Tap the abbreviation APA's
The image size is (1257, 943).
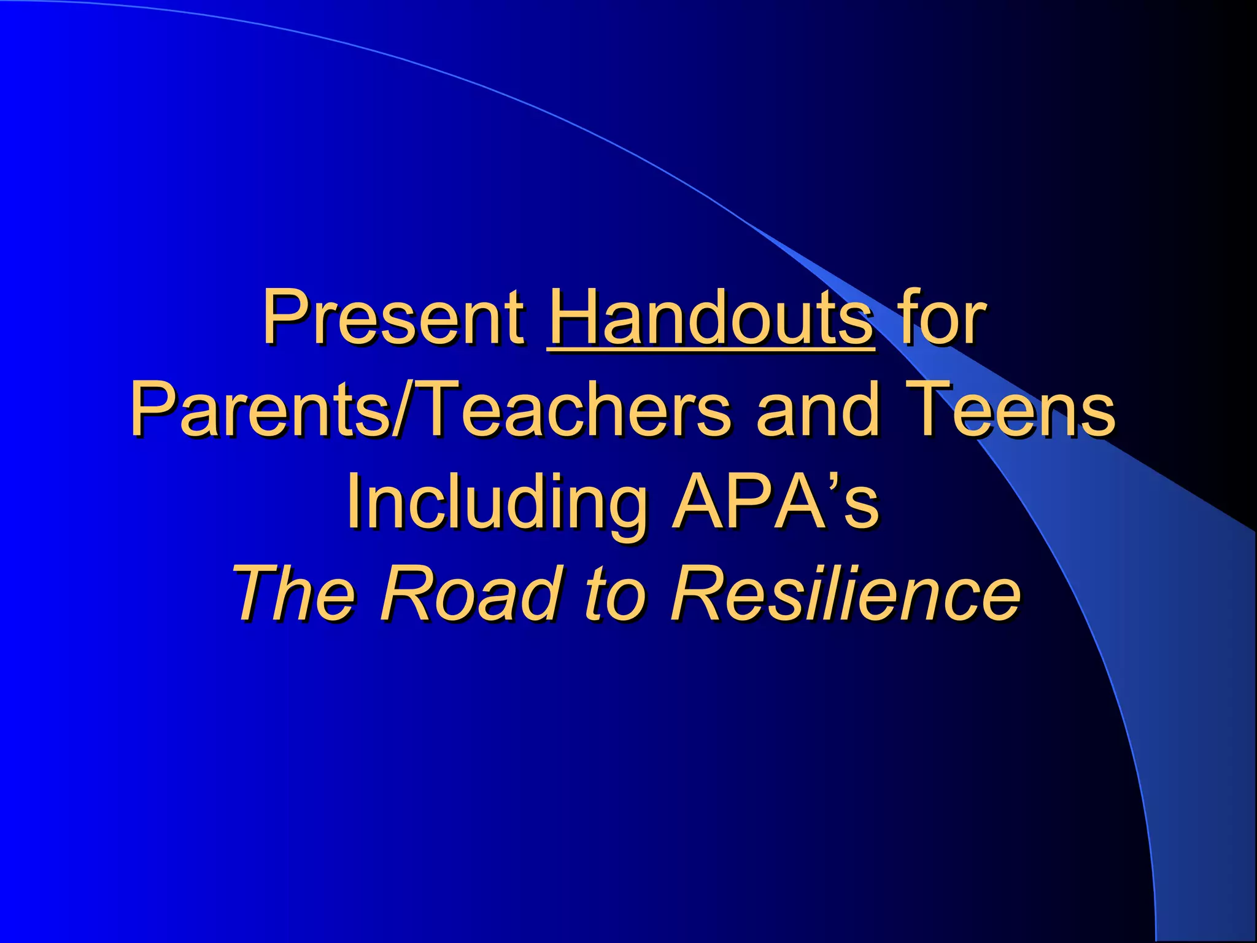(x=776, y=501)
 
